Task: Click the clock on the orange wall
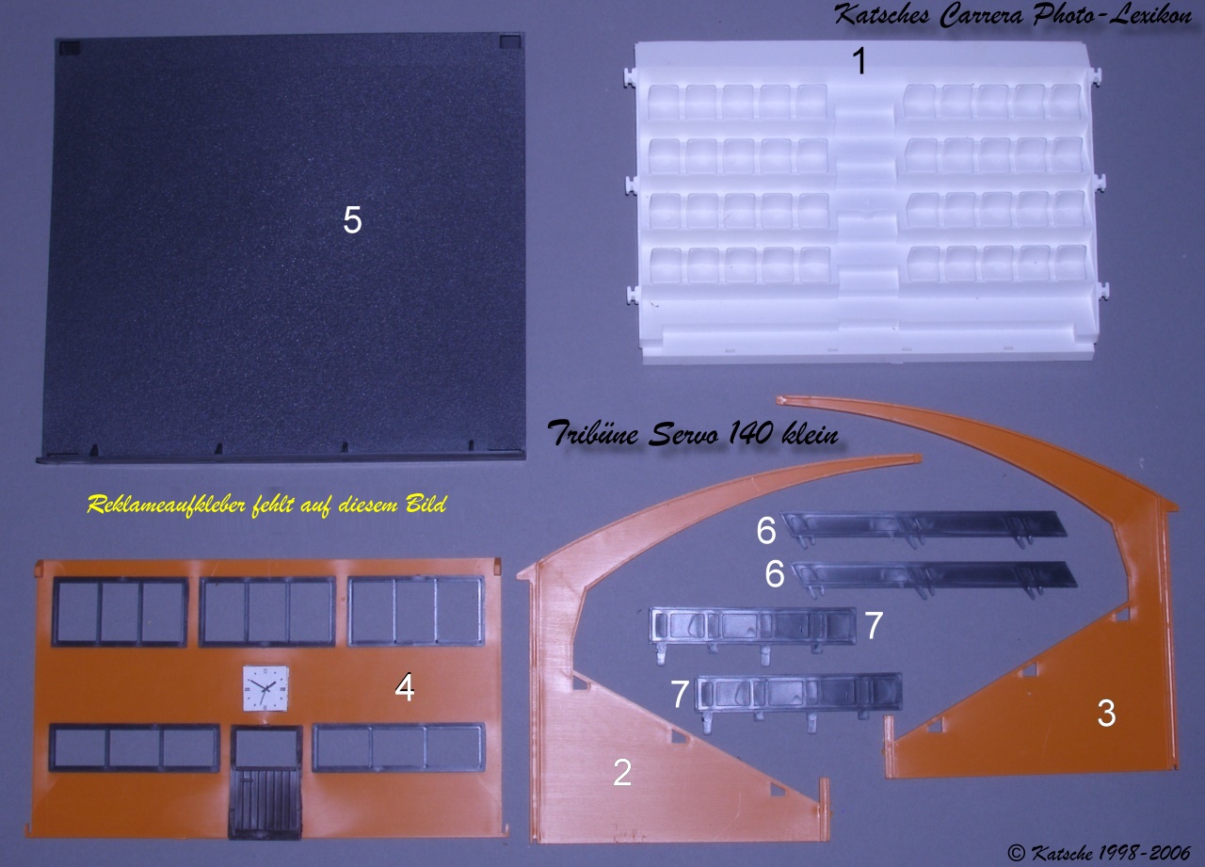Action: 265,688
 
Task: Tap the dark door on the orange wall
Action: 265,782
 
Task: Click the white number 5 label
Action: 352,220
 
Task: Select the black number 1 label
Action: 860,61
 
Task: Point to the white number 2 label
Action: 622,772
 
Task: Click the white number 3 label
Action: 1106,714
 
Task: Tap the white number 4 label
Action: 405,687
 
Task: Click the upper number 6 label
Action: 766,529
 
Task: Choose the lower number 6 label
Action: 775,573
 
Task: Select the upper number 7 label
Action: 873,624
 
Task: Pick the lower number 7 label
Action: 681,694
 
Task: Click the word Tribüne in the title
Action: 593,432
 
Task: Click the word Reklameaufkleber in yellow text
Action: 167,506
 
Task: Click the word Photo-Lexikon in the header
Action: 1112,15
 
